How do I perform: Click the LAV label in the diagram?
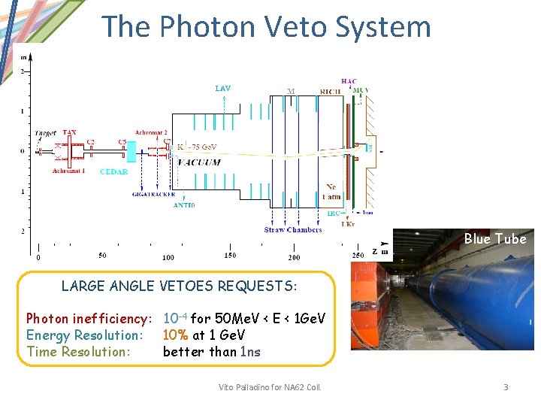point(223,89)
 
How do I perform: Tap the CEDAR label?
point(113,171)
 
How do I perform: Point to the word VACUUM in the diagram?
point(198,162)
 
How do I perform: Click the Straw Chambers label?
point(292,229)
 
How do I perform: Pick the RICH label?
point(330,92)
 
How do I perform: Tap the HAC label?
point(349,82)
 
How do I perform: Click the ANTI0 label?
point(185,205)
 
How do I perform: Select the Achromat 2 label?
point(151,132)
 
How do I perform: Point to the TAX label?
point(69,132)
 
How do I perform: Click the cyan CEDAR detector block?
point(131,153)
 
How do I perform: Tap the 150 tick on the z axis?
point(229,256)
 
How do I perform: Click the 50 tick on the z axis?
point(102,256)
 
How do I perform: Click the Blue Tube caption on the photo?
point(494,239)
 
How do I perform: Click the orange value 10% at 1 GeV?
point(204,335)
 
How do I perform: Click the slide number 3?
point(506,387)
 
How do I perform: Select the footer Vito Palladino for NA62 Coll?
point(270,387)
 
